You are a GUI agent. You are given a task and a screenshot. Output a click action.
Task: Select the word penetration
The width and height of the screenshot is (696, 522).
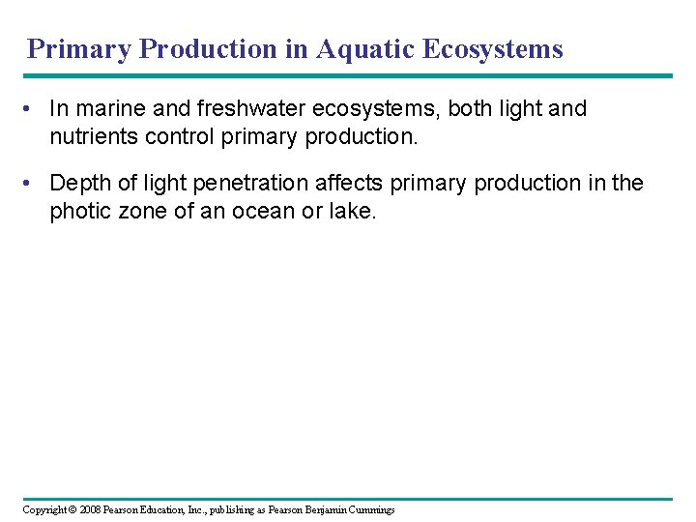click(249, 184)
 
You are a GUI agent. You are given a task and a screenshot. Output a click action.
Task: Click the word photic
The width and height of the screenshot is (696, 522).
click(79, 211)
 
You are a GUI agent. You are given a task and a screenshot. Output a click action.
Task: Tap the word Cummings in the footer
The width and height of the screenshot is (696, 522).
click(370, 509)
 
